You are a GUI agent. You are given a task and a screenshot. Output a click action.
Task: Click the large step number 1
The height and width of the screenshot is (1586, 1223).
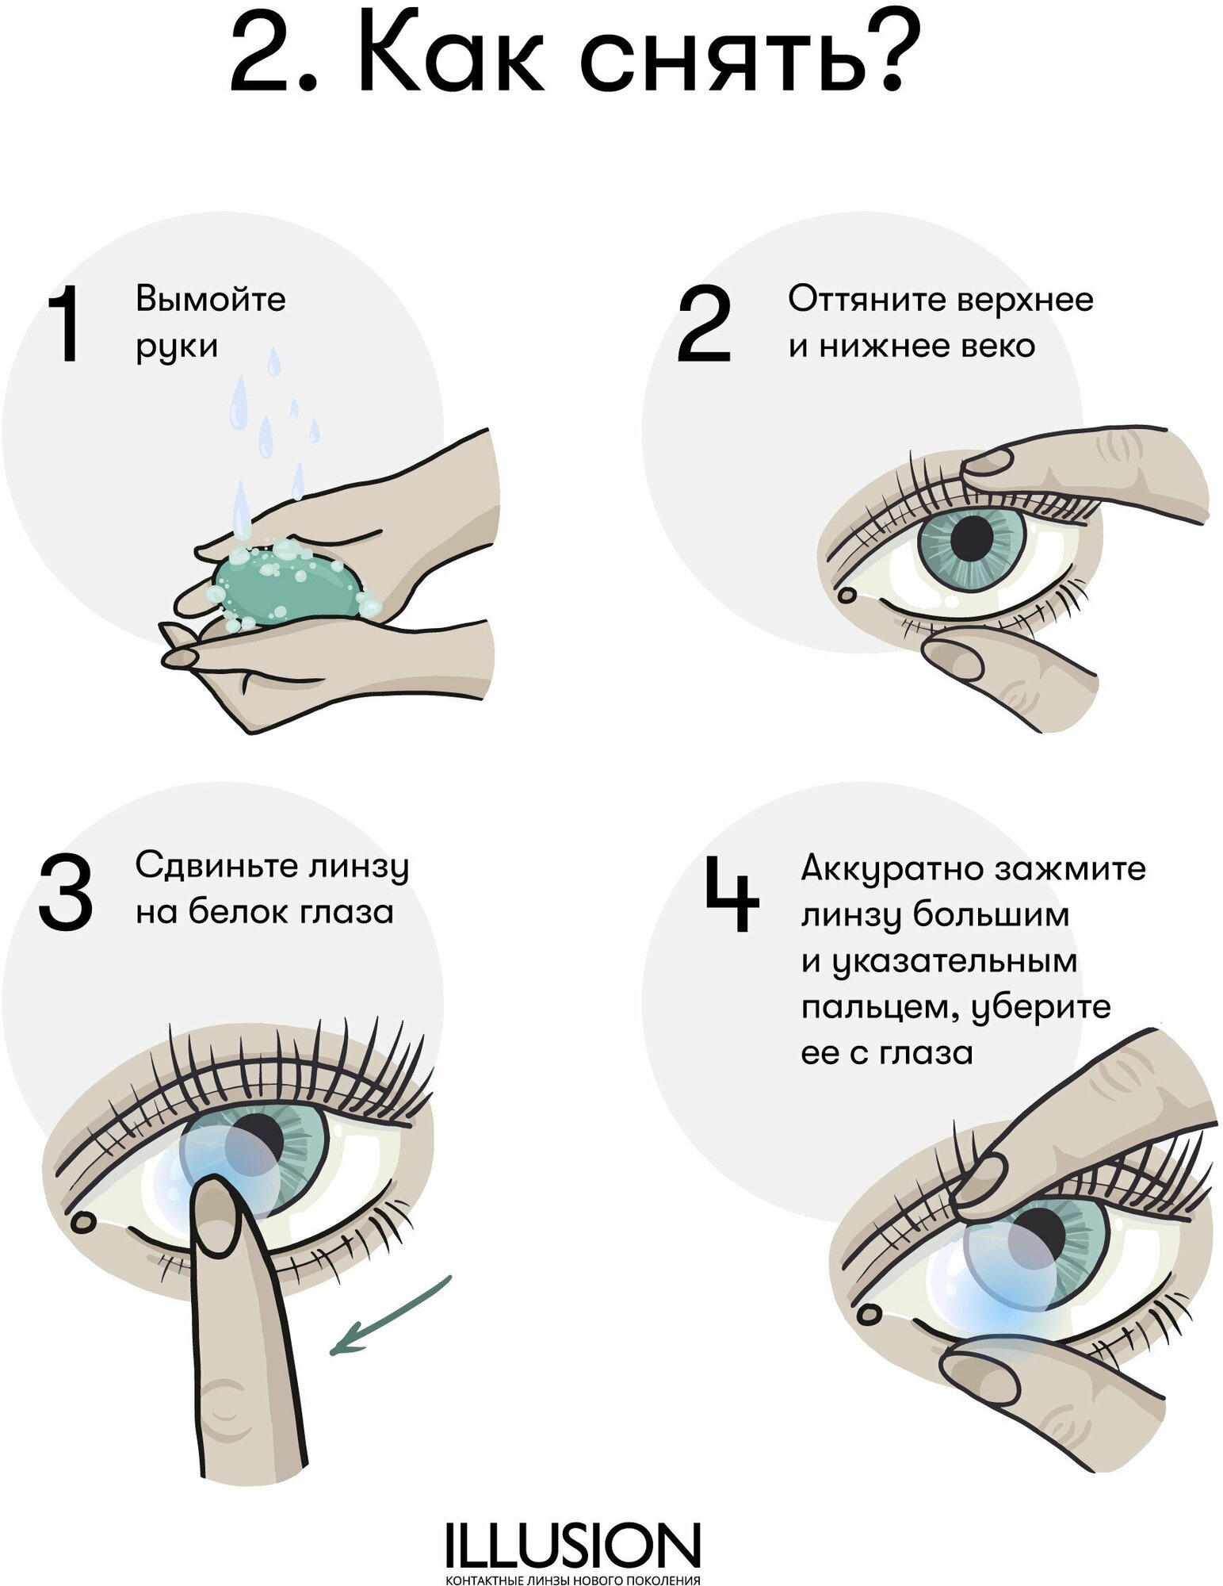tap(65, 324)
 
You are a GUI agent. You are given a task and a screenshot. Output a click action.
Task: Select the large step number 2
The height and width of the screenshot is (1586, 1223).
tap(704, 324)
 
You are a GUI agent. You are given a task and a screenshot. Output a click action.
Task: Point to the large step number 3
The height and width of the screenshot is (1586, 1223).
tap(65, 891)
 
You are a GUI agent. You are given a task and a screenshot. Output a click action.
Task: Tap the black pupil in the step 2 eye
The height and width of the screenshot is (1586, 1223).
tap(972, 537)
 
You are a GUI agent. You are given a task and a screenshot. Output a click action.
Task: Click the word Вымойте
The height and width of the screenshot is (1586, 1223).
tap(210, 300)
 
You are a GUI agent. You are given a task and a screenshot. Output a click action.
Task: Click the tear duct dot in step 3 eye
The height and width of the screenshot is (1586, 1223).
tap(82, 1222)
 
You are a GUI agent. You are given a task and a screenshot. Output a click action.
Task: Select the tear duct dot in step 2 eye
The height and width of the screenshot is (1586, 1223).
tap(847, 594)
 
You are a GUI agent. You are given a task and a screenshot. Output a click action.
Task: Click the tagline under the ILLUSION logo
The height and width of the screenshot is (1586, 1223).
tap(572, 1580)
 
